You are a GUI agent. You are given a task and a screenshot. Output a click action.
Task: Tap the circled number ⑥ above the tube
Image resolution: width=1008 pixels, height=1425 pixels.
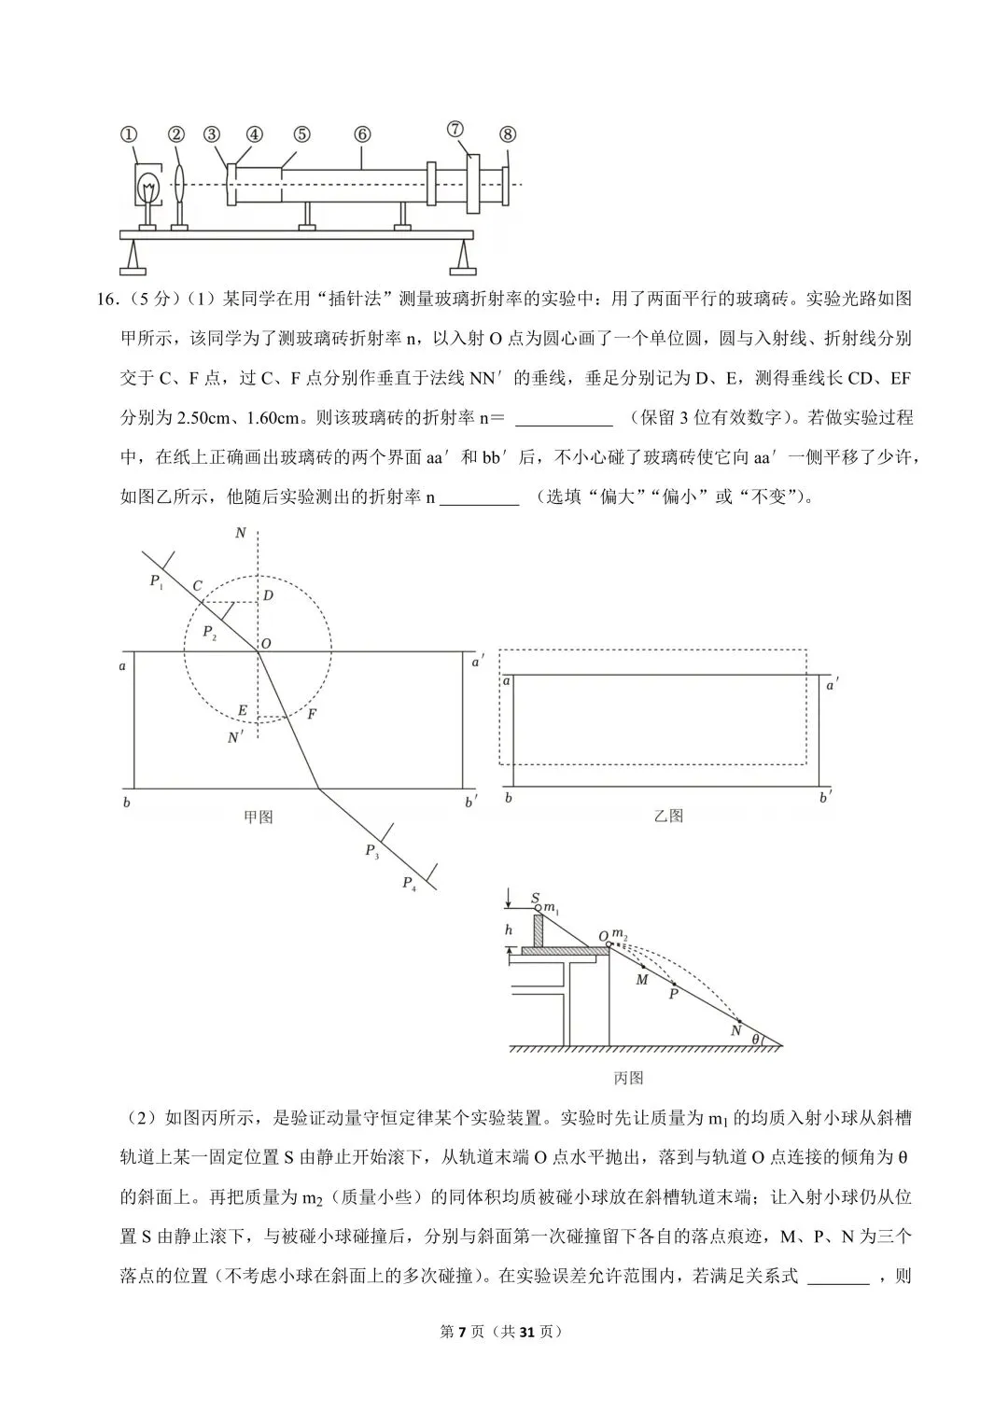pos(363,133)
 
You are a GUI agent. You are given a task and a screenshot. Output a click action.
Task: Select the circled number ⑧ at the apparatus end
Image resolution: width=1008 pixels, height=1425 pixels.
pos(507,133)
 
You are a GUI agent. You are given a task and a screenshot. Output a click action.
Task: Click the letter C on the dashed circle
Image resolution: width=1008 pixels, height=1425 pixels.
pos(197,586)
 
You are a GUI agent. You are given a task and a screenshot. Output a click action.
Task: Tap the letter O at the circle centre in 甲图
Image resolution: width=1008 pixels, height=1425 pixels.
pos(266,644)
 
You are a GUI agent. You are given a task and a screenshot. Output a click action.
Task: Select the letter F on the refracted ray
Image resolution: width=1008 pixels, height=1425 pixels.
pos(312,715)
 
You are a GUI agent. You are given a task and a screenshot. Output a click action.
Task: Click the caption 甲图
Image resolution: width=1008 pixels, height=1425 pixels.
pos(258,817)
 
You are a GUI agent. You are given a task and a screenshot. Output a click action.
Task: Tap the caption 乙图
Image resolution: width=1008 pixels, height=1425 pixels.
pos(668,816)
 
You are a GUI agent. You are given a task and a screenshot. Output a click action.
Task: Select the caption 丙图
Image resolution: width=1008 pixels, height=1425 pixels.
pos(629,1078)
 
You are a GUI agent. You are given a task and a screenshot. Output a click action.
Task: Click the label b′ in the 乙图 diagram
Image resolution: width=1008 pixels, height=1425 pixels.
pos(825,798)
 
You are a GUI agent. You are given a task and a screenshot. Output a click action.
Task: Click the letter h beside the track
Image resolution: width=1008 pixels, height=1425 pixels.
pos(509,930)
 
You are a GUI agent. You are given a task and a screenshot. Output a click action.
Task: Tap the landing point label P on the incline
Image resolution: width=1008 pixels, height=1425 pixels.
pos(672,995)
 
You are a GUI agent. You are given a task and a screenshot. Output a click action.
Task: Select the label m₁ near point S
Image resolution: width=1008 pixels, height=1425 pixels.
pos(551,908)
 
